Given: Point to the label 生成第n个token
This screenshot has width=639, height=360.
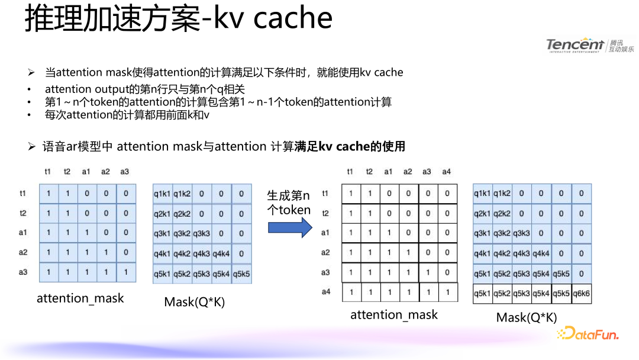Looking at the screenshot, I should pos(289,202).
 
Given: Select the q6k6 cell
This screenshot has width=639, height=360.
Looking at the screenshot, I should pos(581,294).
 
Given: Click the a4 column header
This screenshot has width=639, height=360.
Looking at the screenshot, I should pos(446,172).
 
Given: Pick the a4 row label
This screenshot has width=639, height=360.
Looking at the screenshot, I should pos(325,292).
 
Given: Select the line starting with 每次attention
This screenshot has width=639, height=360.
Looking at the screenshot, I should pos(127,115).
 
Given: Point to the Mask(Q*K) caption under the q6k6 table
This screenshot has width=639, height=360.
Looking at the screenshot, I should pos(527,317).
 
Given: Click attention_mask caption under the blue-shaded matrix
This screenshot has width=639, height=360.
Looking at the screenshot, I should pos(80,298).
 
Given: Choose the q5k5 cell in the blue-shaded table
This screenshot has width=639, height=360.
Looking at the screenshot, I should pos(241,274).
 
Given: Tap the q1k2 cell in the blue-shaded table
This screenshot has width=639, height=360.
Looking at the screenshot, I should pos(182,194).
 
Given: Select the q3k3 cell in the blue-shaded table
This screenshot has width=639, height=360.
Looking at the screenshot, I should pos(202,233).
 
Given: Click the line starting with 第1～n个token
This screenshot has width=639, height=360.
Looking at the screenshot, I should pos(218,102).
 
